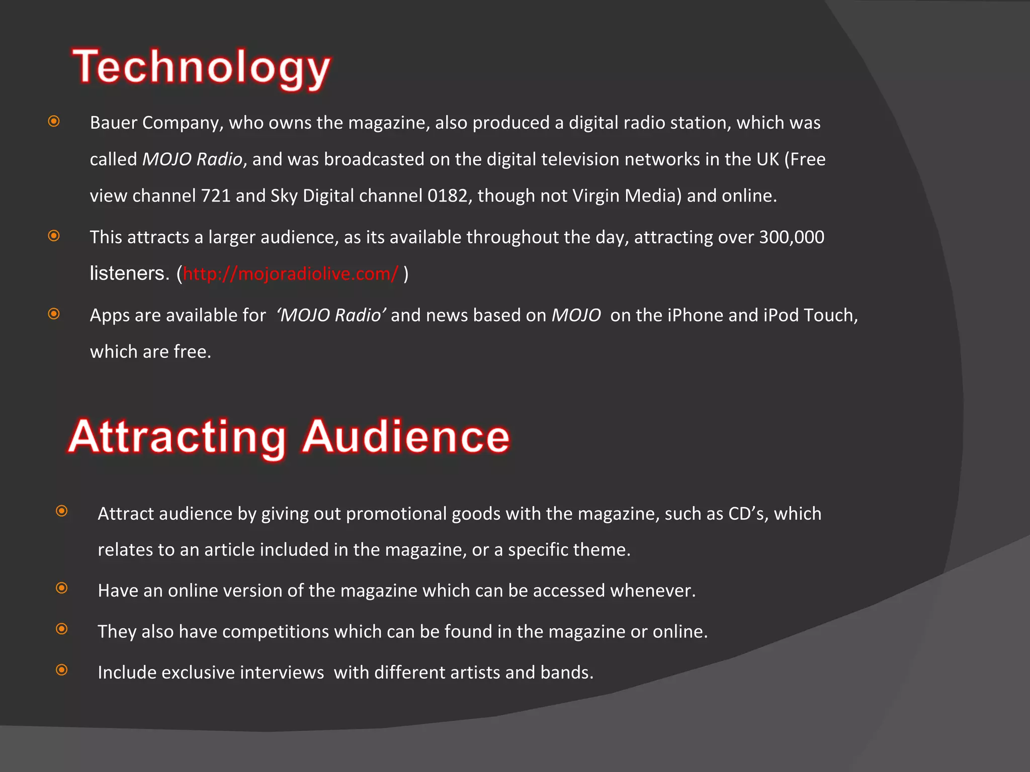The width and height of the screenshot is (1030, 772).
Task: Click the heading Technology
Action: pyautogui.click(x=201, y=68)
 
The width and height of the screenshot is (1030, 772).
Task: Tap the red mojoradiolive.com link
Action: pyautogui.click(x=290, y=274)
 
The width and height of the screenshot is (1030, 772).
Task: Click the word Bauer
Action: pyautogui.click(x=113, y=123)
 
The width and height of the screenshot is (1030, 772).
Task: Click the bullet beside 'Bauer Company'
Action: pyautogui.click(x=54, y=121)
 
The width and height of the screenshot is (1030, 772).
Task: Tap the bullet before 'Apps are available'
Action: pyautogui.click(x=54, y=314)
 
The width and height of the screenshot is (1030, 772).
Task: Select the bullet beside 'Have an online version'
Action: pyautogui.click(x=62, y=588)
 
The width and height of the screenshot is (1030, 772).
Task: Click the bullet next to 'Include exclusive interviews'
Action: pyautogui.click(x=62, y=670)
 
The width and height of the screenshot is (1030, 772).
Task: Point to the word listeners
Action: pyautogui.click(x=129, y=274)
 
